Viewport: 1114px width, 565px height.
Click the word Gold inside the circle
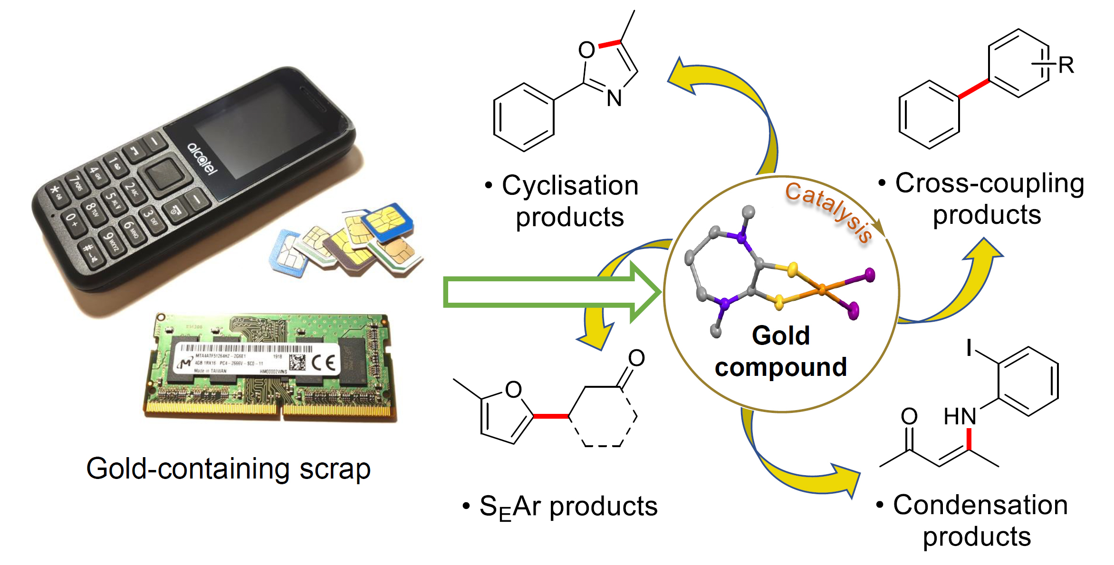(780, 335)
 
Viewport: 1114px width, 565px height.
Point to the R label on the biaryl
(1066, 66)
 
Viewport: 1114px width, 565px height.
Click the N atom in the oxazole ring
(615, 99)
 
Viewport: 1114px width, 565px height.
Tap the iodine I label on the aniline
(969, 348)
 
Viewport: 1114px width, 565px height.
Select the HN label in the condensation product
(960, 417)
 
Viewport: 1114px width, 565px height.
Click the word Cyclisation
(570, 185)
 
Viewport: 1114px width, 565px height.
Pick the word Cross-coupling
(989, 183)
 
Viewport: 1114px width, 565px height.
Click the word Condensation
(980, 505)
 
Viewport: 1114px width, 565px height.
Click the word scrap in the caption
(335, 469)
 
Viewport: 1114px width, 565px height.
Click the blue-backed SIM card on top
(387, 221)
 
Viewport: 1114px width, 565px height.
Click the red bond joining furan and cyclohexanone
(551, 416)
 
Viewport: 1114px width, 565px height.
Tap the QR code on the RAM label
(298, 362)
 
